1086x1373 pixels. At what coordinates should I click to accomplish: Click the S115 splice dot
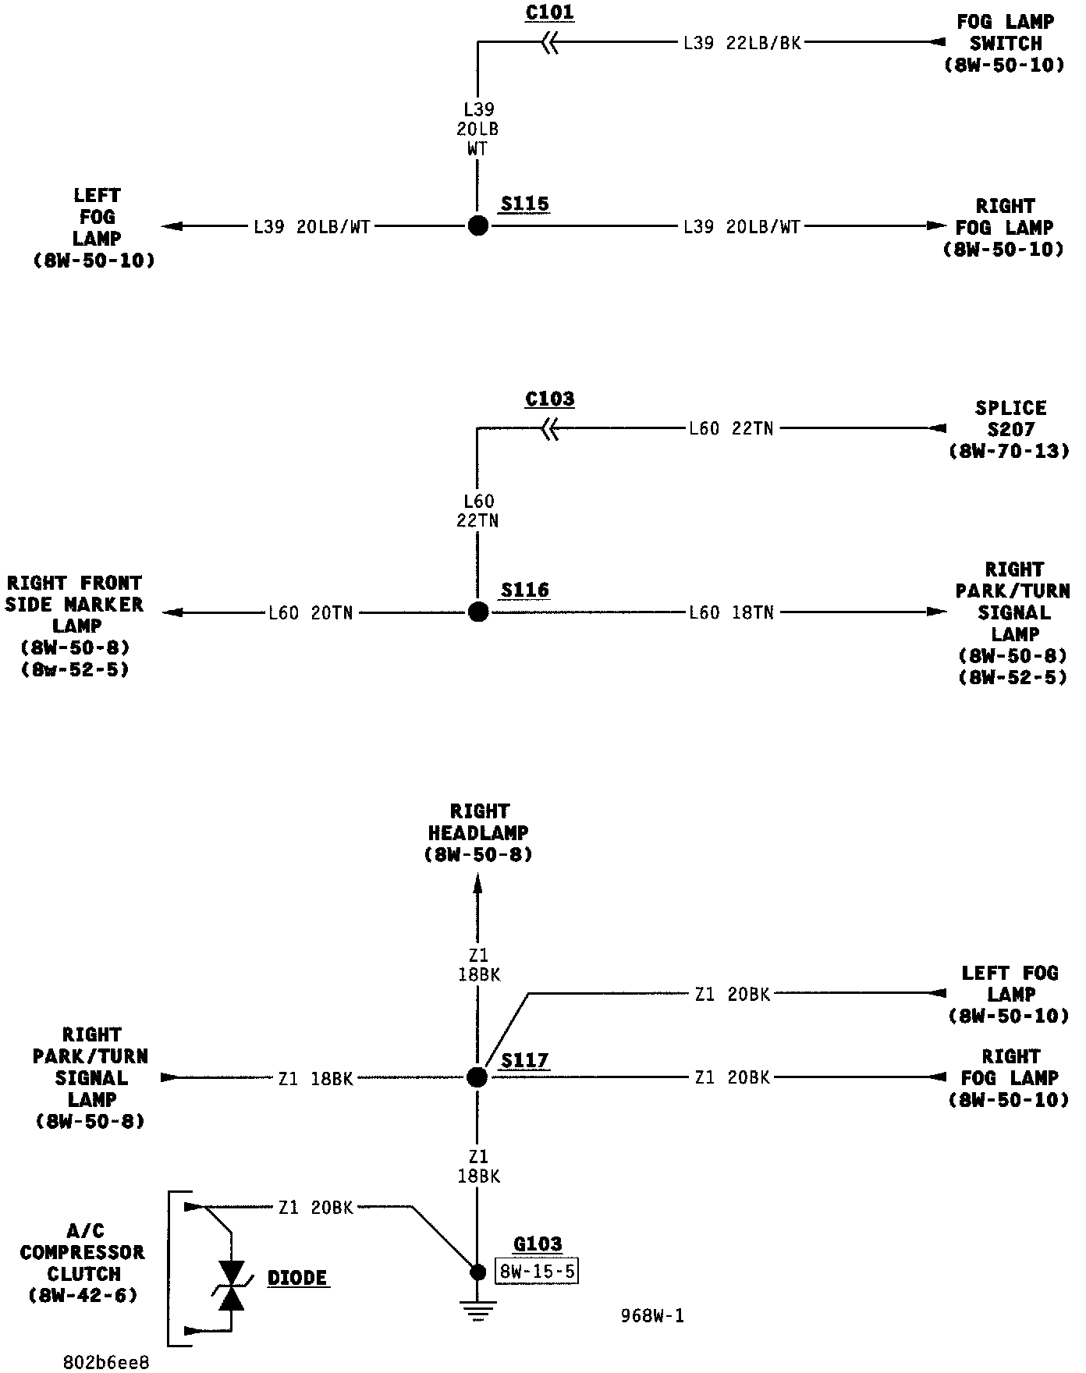click(478, 225)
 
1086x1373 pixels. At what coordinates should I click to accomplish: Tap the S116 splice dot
click(478, 612)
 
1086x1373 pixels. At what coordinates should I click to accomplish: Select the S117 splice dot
click(477, 1077)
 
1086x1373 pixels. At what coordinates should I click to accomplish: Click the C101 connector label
click(549, 13)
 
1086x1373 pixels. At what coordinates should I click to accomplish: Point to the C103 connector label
click(549, 399)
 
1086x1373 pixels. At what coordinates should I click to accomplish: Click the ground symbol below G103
click(478, 1311)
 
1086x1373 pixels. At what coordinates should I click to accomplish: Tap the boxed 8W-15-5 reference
click(537, 1272)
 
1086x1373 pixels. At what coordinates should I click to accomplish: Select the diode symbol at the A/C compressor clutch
click(231, 1285)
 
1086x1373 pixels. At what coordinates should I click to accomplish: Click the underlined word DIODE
click(297, 1278)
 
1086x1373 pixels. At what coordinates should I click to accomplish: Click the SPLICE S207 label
click(1010, 429)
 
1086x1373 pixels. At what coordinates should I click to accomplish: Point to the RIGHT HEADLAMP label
click(479, 833)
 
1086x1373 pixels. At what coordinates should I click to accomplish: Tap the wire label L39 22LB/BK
click(742, 44)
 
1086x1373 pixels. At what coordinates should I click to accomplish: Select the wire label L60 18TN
click(731, 613)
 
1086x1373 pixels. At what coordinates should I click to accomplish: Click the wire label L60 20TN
click(311, 613)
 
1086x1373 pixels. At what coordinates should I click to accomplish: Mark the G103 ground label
click(538, 1244)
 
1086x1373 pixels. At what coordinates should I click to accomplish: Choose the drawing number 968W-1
click(652, 1316)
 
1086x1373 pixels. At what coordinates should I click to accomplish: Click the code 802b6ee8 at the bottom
click(105, 1362)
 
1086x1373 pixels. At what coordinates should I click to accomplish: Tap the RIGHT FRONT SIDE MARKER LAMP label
click(75, 626)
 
